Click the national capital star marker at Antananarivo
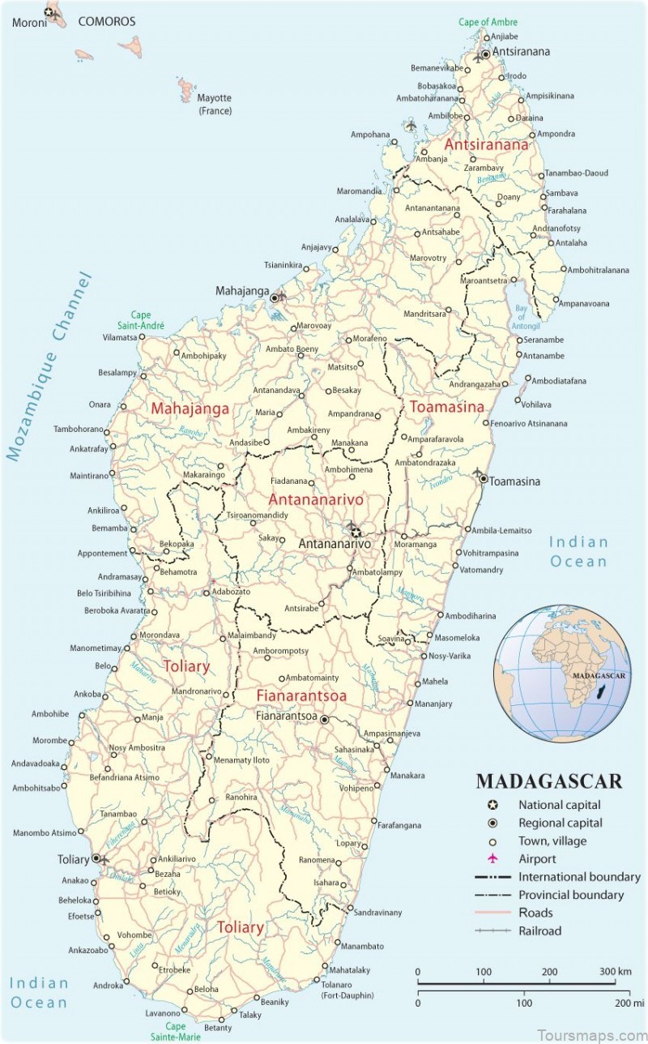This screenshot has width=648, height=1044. [354, 532]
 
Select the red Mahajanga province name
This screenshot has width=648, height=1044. [190, 409]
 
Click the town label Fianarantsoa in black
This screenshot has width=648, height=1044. [287, 717]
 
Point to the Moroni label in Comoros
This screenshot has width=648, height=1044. [28, 22]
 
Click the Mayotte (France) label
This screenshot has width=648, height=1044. [215, 105]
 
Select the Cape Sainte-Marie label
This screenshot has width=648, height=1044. [169, 1031]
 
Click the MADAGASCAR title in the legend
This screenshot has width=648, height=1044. [548, 781]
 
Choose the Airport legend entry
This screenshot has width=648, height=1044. [537, 858]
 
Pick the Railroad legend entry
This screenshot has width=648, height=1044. [539, 931]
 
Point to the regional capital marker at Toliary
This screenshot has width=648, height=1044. [96, 858]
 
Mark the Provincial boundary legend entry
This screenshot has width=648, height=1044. [570, 895]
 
